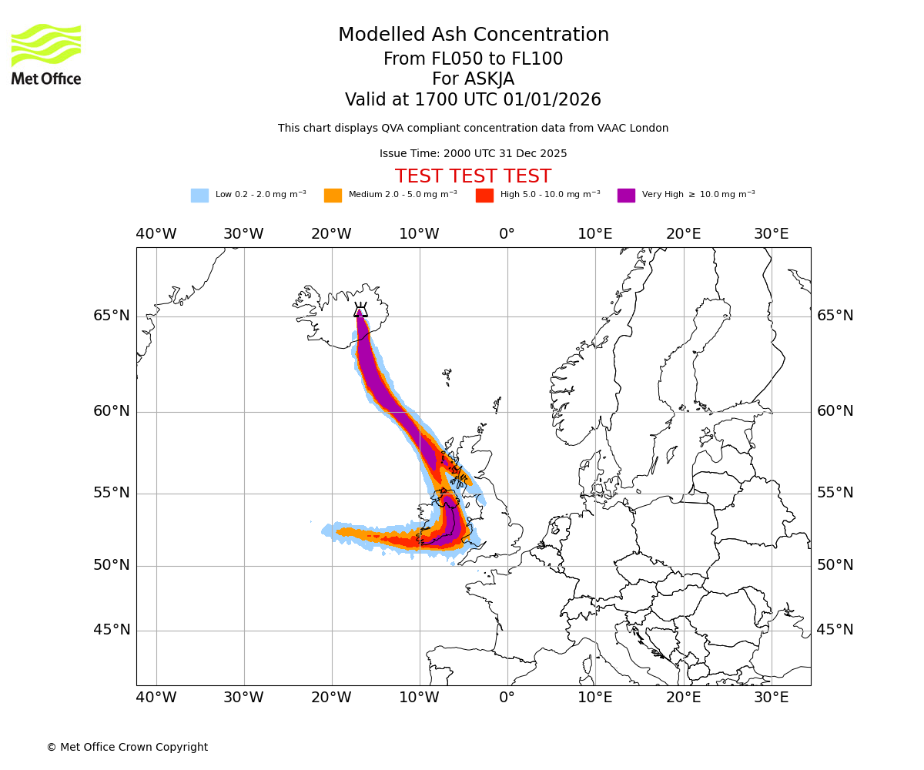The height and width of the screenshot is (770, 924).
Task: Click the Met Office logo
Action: pyautogui.click(x=46, y=54)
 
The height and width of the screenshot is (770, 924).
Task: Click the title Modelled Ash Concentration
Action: pyautogui.click(x=473, y=35)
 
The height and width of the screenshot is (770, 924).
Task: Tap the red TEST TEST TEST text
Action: pyautogui.click(x=473, y=177)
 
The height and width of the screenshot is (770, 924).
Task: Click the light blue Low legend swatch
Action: pyautogui.click(x=199, y=195)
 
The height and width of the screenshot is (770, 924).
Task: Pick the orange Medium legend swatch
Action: pyautogui.click(x=333, y=195)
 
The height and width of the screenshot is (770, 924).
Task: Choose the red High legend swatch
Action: pyautogui.click(x=484, y=195)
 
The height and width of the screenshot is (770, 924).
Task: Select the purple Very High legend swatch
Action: pyautogui.click(x=626, y=195)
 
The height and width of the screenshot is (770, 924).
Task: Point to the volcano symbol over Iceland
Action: pyautogui.click(x=360, y=310)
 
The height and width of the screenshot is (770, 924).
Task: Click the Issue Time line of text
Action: pyautogui.click(x=473, y=154)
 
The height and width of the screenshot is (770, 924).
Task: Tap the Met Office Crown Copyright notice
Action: pyautogui.click(x=127, y=747)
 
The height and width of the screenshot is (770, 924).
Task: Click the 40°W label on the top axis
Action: pyautogui.click(x=156, y=234)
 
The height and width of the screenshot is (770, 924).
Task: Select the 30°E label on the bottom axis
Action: pyautogui.click(x=771, y=698)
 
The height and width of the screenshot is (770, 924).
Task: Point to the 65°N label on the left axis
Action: pyautogui.click(x=112, y=316)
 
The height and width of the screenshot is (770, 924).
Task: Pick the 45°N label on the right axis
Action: pyautogui.click(x=835, y=630)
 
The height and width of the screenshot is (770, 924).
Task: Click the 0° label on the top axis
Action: pyautogui.click(x=507, y=234)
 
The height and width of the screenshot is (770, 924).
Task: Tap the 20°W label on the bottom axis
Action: pyautogui.click(x=331, y=698)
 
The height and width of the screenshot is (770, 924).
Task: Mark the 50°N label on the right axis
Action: pyautogui.click(x=835, y=565)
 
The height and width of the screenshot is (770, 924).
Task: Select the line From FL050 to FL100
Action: pyautogui.click(x=473, y=59)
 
